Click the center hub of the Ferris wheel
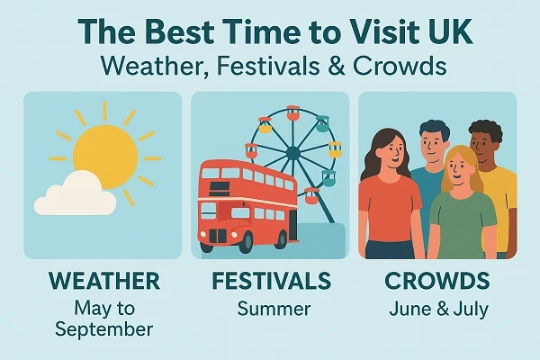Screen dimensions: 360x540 [x=293, y=152]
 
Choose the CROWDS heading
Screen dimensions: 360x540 [x=437, y=281]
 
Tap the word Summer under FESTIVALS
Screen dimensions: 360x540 [x=274, y=309]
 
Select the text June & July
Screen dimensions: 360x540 [x=438, y=309]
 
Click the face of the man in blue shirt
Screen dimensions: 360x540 [x=435, y=143]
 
